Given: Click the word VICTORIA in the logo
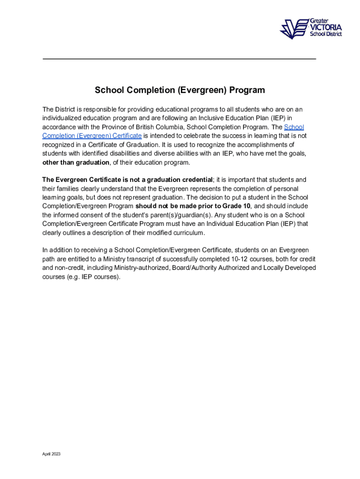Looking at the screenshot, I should [x=326, y=27].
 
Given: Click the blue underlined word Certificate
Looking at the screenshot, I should [x=126, y=136].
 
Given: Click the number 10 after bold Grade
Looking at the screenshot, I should [x=247, y=206].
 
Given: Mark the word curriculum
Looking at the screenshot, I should [x=187, y=232].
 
